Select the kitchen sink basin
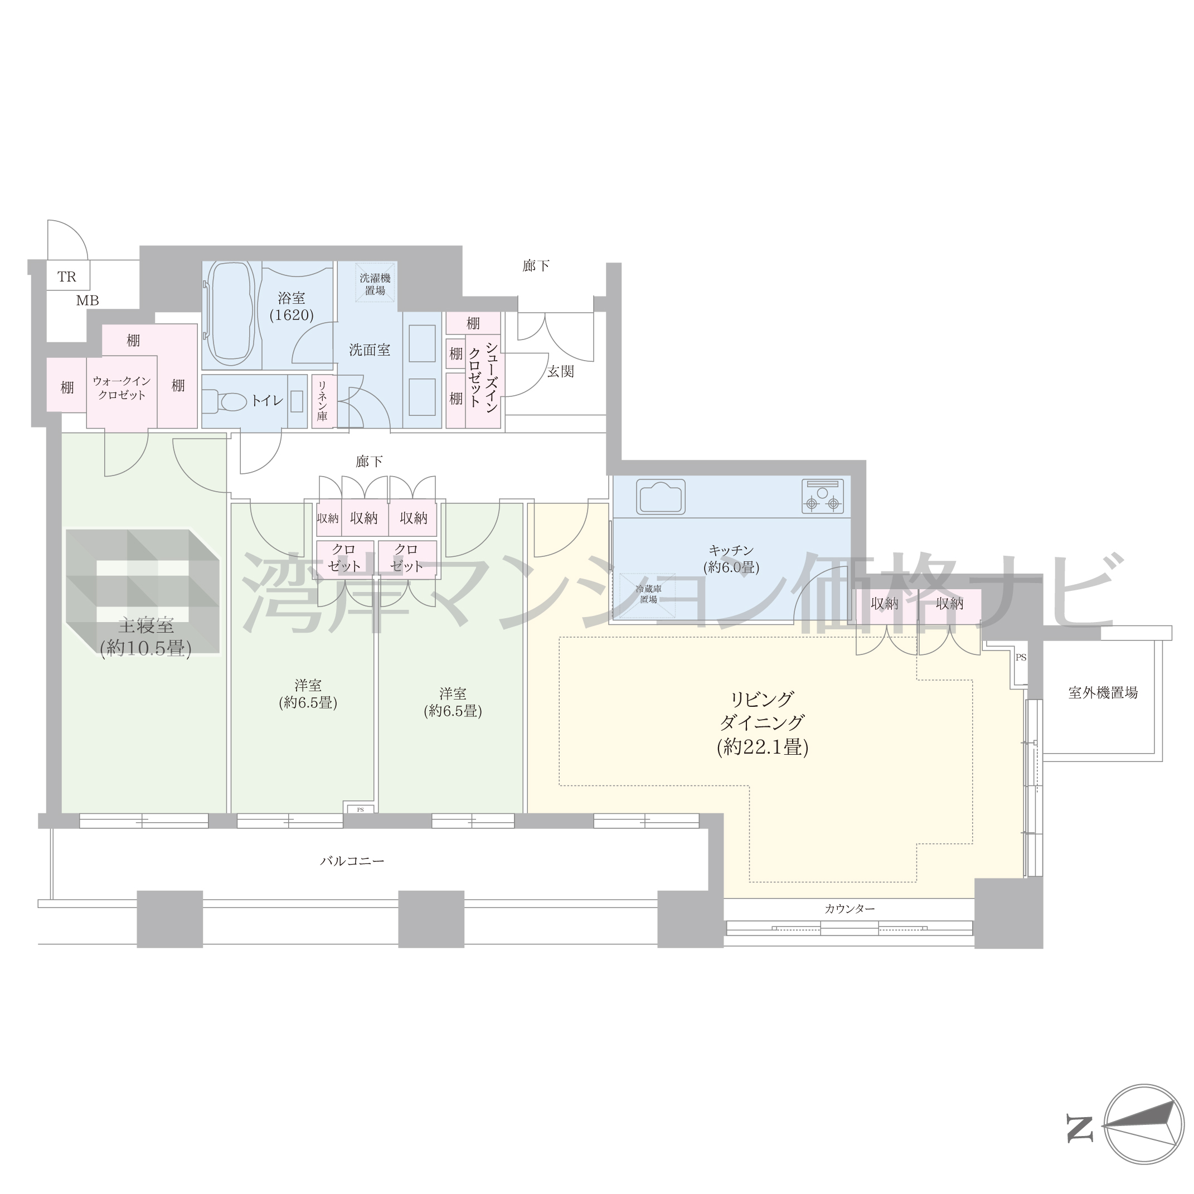[x=661, y=496]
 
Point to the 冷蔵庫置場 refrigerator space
[x=648, y=595]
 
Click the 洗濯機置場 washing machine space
[x=375, y=284]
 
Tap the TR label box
[x=67, y=276]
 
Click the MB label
[x=87, y=301]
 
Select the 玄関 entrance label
[x=561, y=371]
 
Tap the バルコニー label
[x=352, y=860]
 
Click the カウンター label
[x=849, y=909]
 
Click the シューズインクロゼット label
[x=483, y=374]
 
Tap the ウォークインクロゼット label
[x=122, y=388]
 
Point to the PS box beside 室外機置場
[x=1020, y=658]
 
